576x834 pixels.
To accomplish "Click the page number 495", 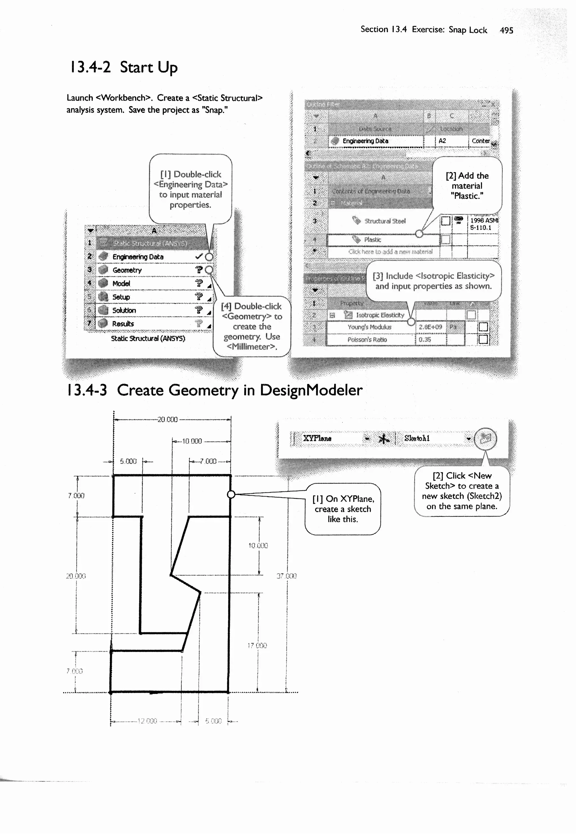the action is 506,30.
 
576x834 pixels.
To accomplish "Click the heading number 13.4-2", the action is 90,68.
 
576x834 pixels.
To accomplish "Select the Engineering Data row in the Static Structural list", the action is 138,257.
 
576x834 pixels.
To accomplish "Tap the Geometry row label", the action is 127,270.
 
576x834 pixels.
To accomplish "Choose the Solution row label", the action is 124,310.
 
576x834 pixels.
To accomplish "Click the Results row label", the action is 123,324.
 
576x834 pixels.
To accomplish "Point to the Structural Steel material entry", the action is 385,221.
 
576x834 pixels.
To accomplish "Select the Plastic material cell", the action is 372,240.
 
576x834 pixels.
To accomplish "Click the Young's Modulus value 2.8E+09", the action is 430,327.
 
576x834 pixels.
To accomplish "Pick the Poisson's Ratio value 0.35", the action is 425,340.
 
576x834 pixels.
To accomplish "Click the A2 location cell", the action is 442,141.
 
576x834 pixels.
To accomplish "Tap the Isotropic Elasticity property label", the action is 380,315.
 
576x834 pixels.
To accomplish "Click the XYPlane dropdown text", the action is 317,438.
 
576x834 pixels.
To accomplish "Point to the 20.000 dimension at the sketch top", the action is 168,419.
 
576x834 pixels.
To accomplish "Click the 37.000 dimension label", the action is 287,576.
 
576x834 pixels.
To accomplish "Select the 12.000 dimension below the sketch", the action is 147,721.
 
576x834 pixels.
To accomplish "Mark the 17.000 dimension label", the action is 257,645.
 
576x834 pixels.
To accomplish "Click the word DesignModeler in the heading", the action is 311,390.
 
